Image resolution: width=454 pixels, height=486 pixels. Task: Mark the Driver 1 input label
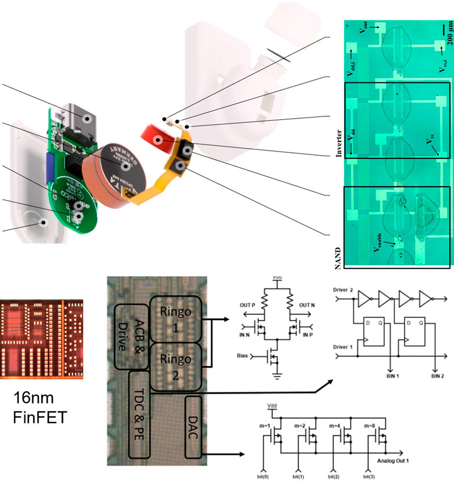pos(341,347)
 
